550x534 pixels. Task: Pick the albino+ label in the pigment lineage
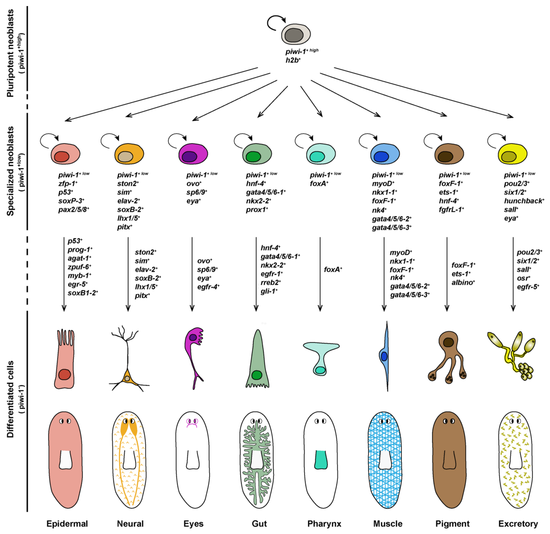coord(463,283)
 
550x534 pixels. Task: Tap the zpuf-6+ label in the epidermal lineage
coord(79,267)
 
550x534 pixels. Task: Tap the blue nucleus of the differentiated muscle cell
coord(384,356)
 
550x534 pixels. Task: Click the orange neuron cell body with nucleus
coord(127,379)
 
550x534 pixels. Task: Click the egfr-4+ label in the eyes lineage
coord(208,287)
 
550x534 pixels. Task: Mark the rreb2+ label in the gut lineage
coord(271,283)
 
